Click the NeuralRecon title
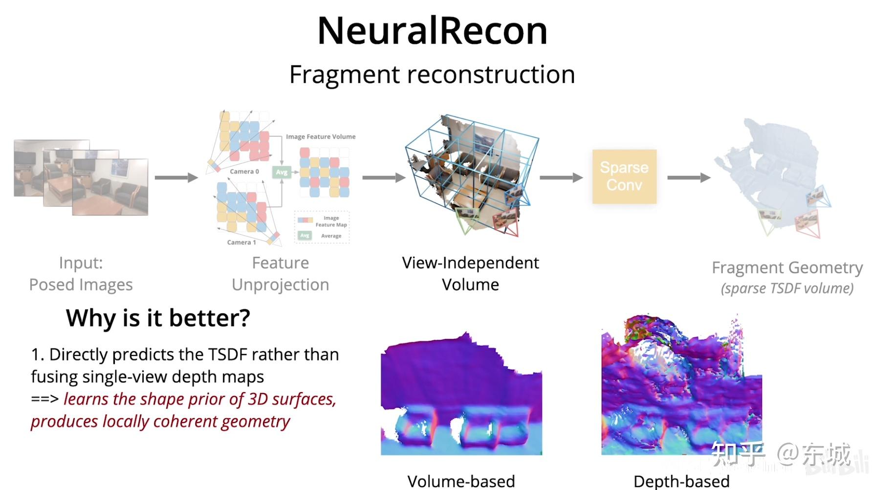coord(432,31)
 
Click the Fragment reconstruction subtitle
coord(432,74)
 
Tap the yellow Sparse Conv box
coord(624,177)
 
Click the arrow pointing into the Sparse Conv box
coord(561,178)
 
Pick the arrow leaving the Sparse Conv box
coord(688,178)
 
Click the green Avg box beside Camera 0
coord(282,172)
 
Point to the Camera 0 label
coord(244,172)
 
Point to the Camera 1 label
coord(241,242)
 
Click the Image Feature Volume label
coord(321,137)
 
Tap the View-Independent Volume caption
coord(470,273)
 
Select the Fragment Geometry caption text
coord(787,267)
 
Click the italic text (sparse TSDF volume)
coord(787,289)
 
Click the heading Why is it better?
coord(158,318)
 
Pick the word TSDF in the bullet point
coord(227,355)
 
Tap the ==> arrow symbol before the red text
coord(44,399)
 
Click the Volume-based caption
coord(461,481)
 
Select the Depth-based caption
coord(681,481)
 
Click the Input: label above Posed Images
coord(81,263)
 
